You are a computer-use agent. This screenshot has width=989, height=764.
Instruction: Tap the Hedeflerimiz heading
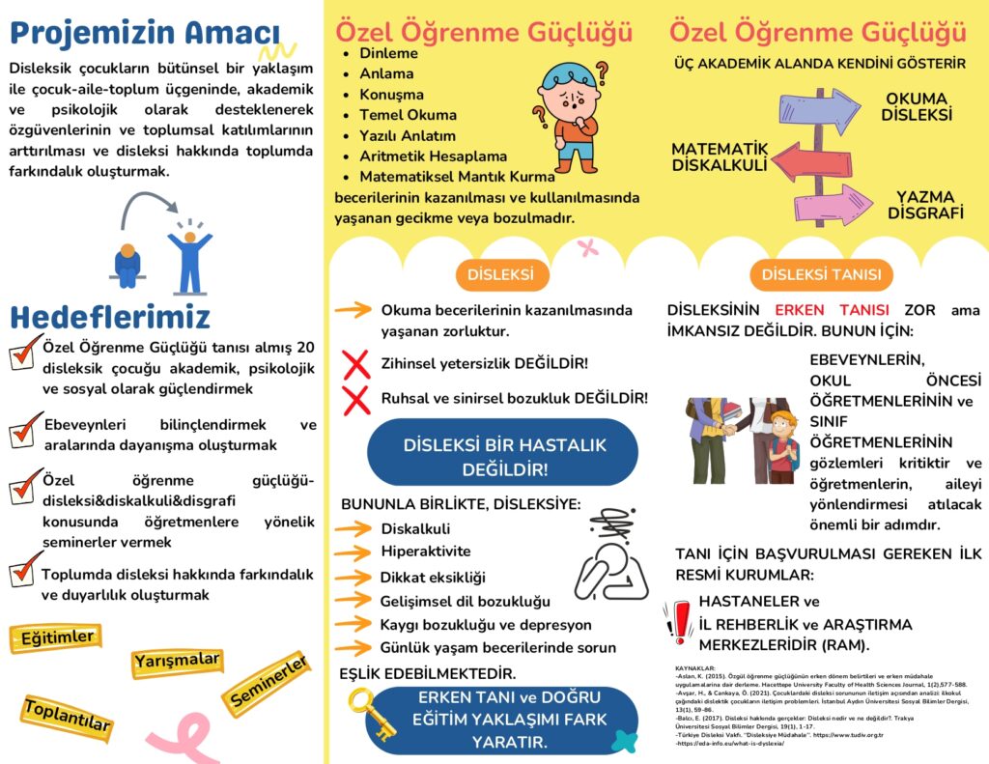(x=110, y=317)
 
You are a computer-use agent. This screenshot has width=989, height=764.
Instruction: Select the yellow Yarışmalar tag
(x=178, y=662)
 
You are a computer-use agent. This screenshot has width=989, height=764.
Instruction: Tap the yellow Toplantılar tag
(x=68, y=716)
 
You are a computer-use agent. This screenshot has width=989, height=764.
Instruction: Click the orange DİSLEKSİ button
(x=500, y=274)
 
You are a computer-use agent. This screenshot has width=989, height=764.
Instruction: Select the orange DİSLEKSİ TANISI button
(x=821, y=274)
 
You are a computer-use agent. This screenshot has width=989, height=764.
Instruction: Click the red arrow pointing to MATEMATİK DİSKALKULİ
(x=811, y=160)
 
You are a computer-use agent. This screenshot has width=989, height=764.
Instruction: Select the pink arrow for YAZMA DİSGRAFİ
(x=826, y=204)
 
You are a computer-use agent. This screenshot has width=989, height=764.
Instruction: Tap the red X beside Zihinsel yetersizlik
(x=356, y=364)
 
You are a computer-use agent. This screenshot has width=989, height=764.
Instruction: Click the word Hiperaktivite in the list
(x=426, y=552)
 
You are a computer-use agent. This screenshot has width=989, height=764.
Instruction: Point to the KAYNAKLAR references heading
(x=694, y=667)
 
